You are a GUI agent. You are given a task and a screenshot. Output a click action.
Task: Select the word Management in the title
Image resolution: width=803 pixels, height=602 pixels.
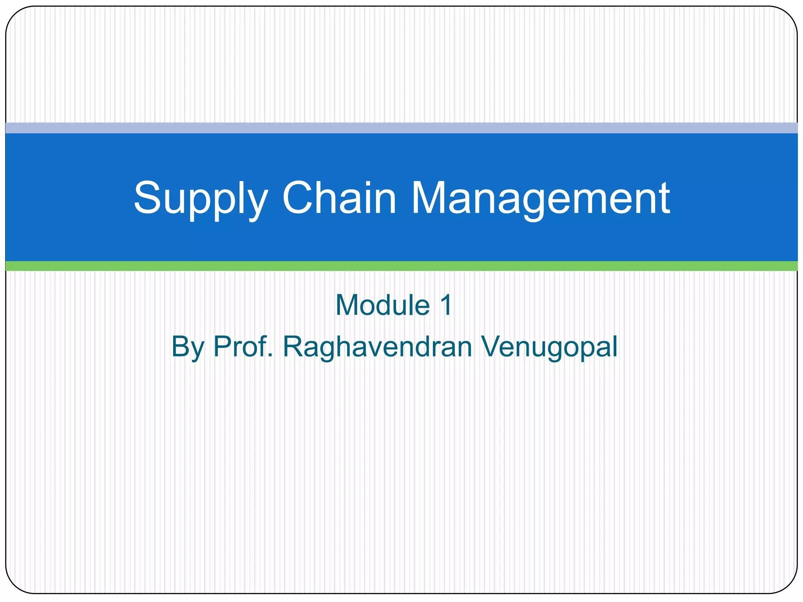pyautogui.click(x=540, y=199)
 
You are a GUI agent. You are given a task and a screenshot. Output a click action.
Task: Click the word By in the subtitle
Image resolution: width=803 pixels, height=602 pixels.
pyautogui.click(x=187, y=347)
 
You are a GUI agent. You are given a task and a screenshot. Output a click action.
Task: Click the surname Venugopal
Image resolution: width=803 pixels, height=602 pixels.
pyautogui.click(x=549, y=347)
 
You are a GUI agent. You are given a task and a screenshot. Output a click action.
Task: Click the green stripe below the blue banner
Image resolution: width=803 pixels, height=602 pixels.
pyautogui.click(x=401, y=266)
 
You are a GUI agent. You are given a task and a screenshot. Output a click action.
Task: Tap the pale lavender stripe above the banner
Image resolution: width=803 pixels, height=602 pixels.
pyautogui.click(x=401, y=128)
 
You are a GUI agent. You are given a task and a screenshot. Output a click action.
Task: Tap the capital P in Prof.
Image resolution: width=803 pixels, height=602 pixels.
pyautogui.click(x=221, y=346)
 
